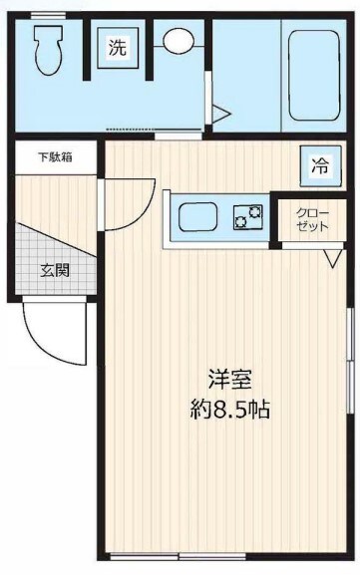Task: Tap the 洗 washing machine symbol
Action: [118, 48]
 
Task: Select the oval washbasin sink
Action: [179, 42]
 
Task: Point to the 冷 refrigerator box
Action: [319, 166]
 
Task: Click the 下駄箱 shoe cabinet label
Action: [56, 157]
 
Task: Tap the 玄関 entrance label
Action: [55, 269]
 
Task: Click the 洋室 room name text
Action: [229, 380]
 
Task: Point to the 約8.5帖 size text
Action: [229, 409]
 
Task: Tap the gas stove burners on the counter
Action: [246, 216]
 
